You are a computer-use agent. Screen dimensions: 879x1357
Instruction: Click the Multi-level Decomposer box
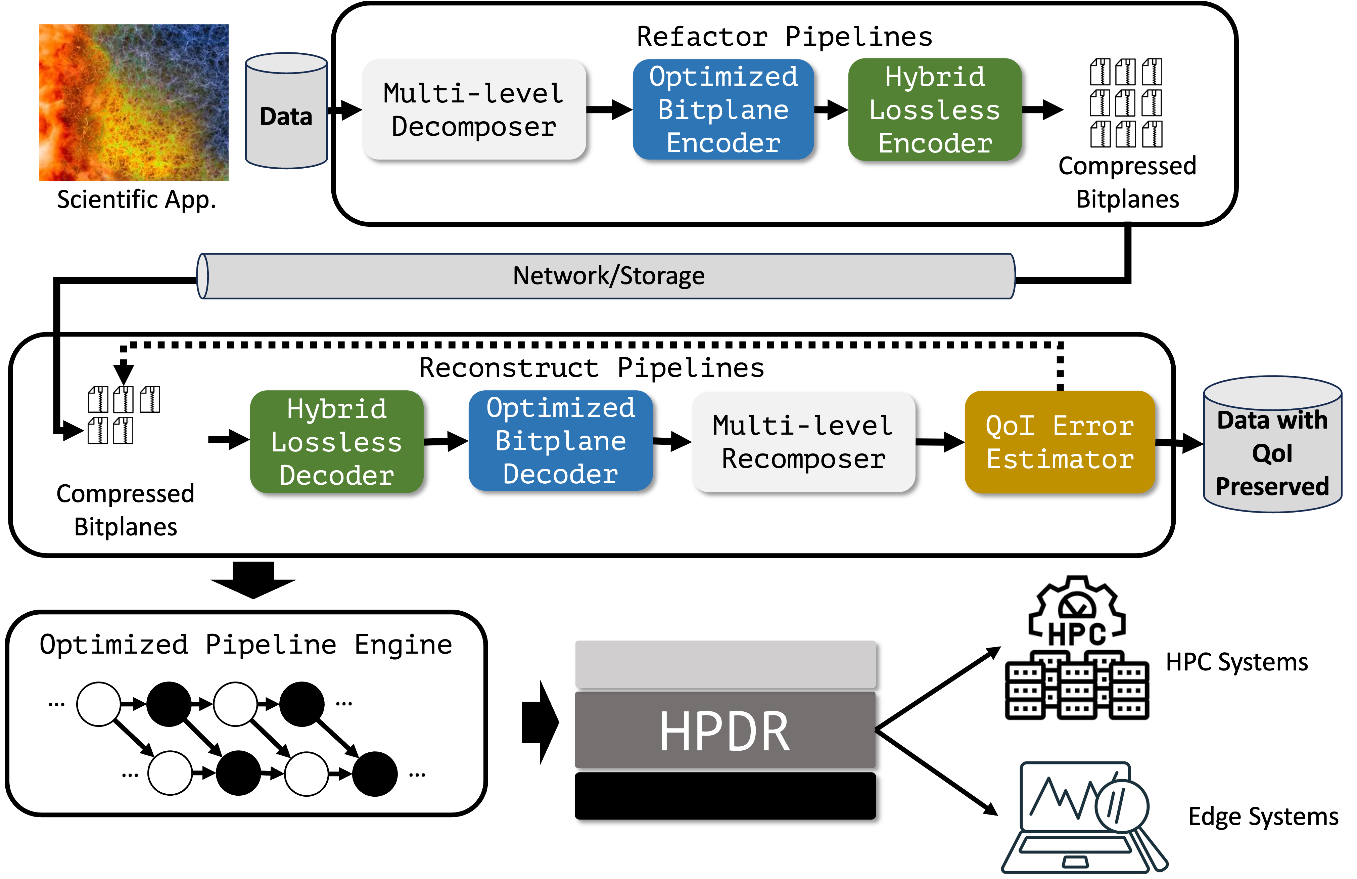[x=474, y=109]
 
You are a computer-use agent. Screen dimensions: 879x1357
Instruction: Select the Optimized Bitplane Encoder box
[x=723, y=109]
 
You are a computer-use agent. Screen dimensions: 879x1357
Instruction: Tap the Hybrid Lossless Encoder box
[x=935, y=109]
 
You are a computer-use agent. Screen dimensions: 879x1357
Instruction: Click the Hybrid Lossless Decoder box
[x=336, y=441]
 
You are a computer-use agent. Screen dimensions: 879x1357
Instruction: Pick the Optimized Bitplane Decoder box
[x=560, y=440]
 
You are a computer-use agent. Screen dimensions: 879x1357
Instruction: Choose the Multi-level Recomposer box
[x=803, y=441]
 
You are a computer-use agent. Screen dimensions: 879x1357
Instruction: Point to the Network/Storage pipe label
[x=608, y=276]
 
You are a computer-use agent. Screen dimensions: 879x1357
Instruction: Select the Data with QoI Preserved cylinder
[x=1272, y=445]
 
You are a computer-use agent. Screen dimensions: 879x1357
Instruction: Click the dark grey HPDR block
[x=725, y=730]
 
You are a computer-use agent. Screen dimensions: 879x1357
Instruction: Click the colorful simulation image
[x=134, y=103]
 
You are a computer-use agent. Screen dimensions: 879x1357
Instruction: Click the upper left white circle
[x=99, y=704]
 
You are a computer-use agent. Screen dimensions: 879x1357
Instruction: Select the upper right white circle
[x=235, y=704]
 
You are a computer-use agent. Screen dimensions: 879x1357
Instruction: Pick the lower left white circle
[x=170, y=773]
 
